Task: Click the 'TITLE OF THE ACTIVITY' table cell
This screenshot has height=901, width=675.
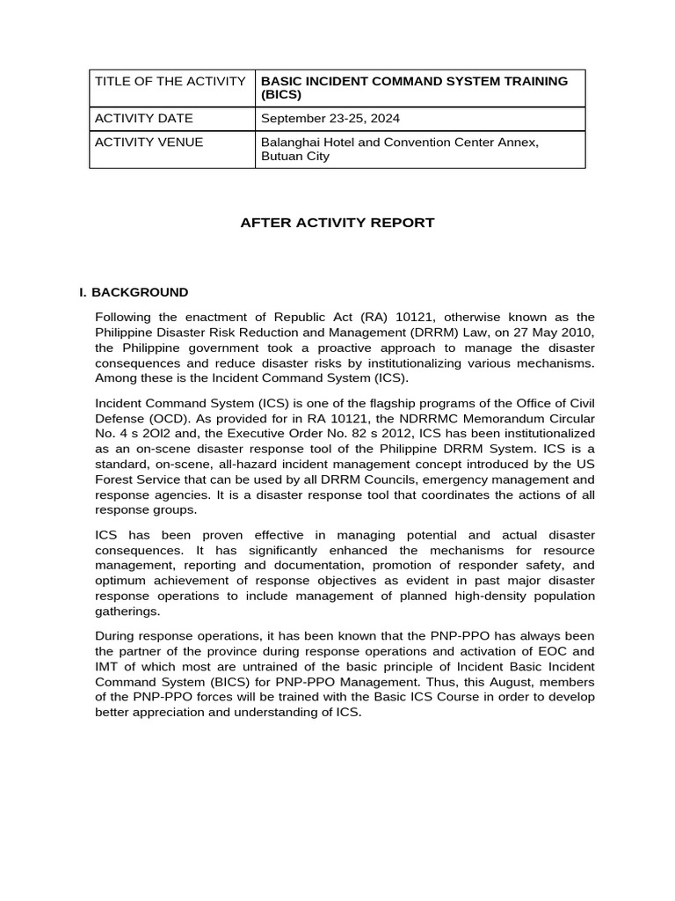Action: [170, 81]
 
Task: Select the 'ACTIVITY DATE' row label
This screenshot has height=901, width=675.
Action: [143, 118]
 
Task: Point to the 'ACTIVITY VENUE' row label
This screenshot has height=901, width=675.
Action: [149, 142]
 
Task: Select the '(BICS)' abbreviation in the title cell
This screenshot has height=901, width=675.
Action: [281, 94]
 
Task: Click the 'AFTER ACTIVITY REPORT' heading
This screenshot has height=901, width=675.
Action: [337, 223]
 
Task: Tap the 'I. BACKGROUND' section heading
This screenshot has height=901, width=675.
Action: [134, 292]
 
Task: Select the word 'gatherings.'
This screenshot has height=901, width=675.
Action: [127, 611]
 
